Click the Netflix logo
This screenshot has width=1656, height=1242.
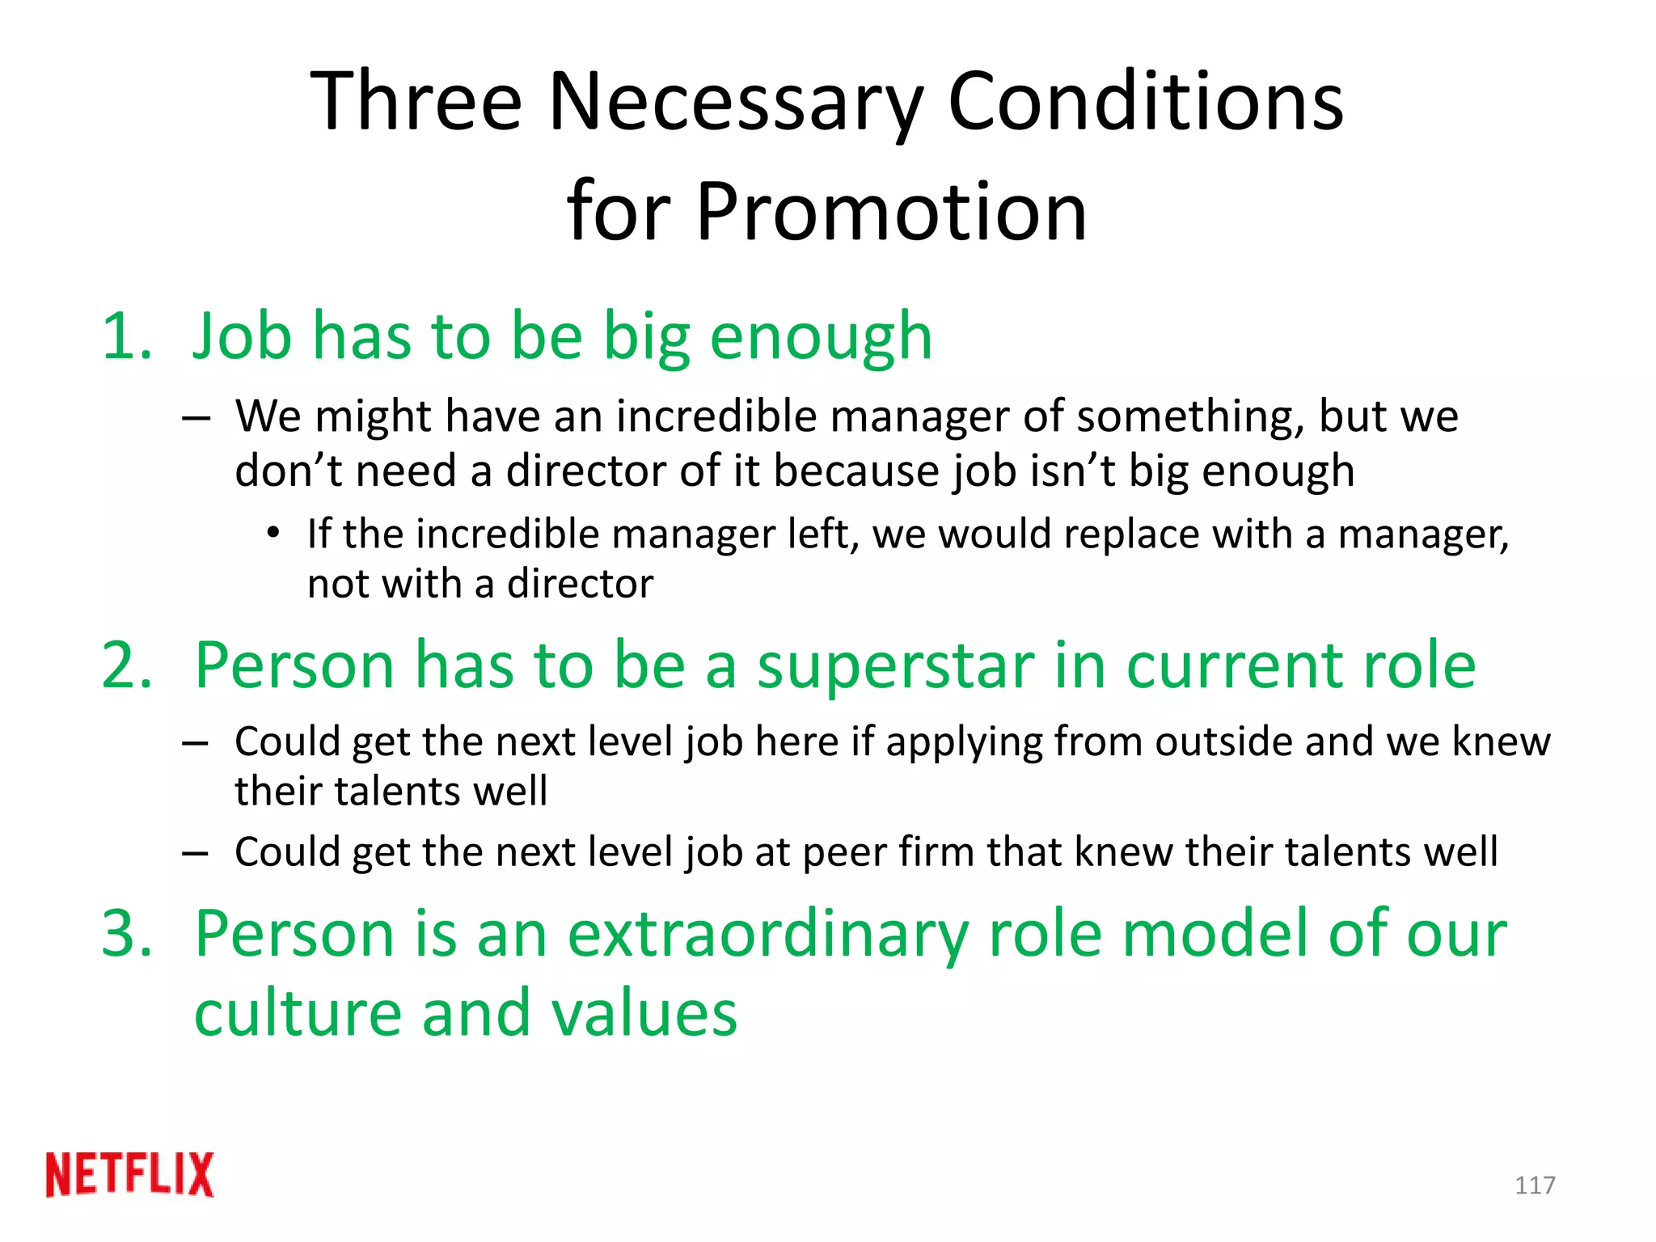pos(130,1174)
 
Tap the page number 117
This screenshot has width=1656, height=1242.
pos(1534,1185)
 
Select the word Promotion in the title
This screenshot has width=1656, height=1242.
pos(891,212)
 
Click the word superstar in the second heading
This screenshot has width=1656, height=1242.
pos(895,667)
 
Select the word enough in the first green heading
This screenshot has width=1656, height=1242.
pos(821,338)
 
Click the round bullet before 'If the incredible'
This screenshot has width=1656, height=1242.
pos(274,533)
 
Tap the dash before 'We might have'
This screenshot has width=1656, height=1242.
pos(196,419)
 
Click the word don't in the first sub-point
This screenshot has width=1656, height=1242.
pos(289,471)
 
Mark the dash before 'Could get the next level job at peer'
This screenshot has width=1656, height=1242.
pos(196,854)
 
